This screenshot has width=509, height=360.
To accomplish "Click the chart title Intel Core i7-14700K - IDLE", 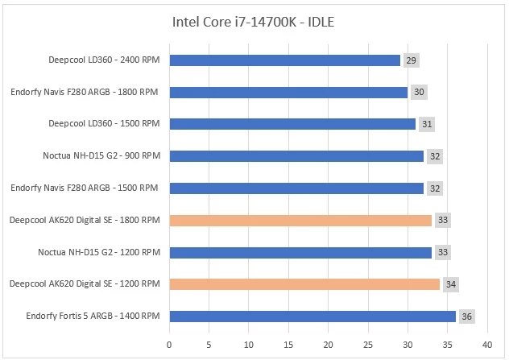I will click(x=253, y=22).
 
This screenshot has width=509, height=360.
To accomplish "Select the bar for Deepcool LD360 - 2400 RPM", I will click(x=284, y=60).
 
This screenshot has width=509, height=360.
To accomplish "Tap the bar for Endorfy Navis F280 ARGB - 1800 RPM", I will click(x=288, y=92).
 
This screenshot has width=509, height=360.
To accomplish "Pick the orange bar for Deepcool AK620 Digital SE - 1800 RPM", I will click(x=300, y=220).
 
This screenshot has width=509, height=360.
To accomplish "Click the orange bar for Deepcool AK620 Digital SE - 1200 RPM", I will click(x=304, y=283).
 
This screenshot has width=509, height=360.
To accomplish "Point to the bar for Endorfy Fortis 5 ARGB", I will click(x=312, y=316).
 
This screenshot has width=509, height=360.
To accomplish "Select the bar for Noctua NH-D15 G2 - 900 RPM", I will click(x=296, y=156).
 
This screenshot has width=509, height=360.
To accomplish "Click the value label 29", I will click(x=411, y=60).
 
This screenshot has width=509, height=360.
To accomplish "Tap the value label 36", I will click(x=466, y=317).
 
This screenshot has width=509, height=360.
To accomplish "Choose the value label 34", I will click(x=450, y=284).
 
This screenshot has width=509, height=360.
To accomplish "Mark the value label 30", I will click(x=419, y=93).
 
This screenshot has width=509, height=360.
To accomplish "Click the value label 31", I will click(x=426, y=124).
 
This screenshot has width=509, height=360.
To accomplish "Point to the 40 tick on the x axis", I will click(x=487, y=345).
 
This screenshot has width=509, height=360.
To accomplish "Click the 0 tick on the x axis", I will click(x=169, y=345).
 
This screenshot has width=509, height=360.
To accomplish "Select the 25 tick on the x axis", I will click(x=368, y=345).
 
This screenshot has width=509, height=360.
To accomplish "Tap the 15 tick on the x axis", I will click(x=288, y=345).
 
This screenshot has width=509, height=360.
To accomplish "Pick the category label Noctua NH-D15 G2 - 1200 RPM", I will click(x=99, y=252).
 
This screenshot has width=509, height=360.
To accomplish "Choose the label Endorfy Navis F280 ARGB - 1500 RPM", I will click(x=84, y=188).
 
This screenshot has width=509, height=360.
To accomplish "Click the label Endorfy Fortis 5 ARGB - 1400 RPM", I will click(x=85, y=316).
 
